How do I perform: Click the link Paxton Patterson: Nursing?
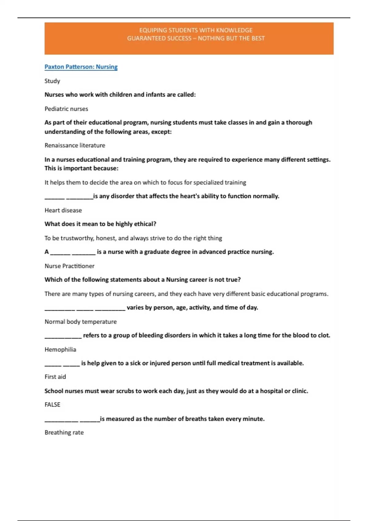81,67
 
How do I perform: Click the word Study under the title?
52,81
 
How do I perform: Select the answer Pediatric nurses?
66,109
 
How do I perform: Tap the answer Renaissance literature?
75,145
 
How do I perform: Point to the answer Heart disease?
63,210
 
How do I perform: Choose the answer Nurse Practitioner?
70,266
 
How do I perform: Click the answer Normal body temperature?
81,321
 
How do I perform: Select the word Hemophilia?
60,349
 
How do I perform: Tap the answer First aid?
55,377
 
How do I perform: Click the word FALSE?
52,405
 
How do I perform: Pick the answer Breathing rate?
64,432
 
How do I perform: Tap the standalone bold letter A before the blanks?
47,252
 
